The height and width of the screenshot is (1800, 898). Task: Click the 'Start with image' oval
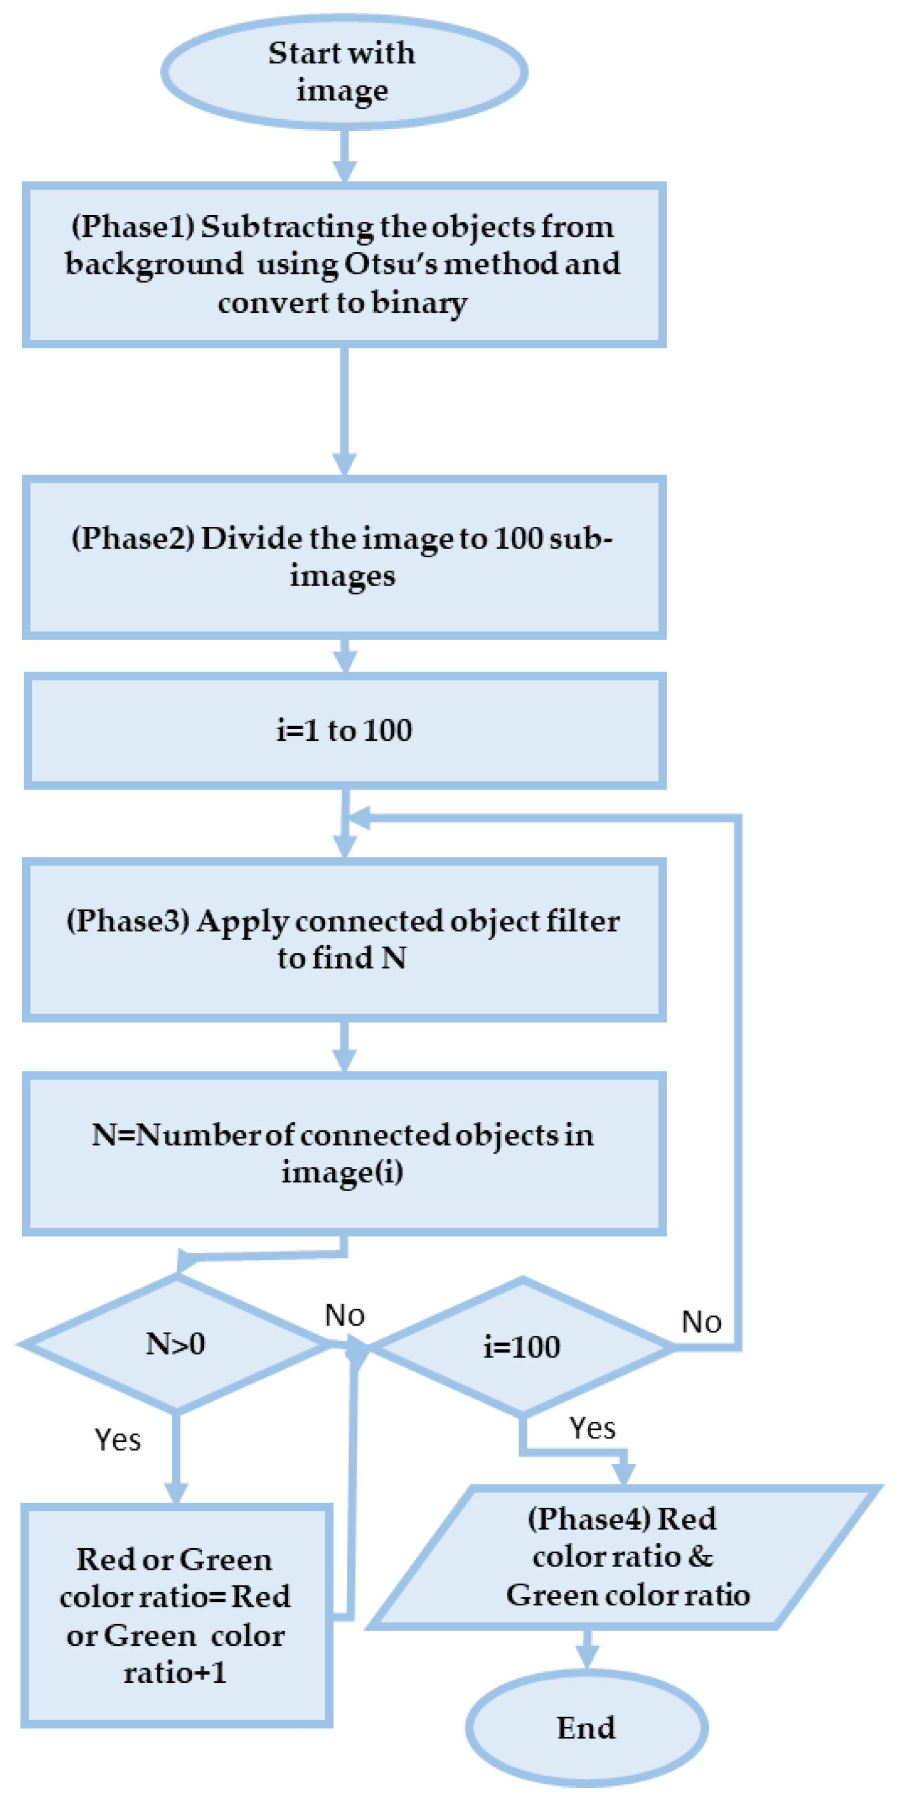(x=343, y=72)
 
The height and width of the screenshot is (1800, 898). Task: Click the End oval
(x=587, y=1727)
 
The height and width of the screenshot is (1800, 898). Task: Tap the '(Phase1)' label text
(x=132, y=226)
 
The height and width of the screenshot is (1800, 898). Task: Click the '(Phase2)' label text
(x=132, y=538)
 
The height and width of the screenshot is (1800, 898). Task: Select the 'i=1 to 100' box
(x=344, y=730)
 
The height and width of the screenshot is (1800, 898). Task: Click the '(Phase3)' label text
(x=128, y=921)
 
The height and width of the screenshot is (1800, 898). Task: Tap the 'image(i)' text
(x=342, y=1172)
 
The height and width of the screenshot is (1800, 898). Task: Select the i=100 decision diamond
(x=522, y=1346)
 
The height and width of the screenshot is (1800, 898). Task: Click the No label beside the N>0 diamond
(x=344, y=1315)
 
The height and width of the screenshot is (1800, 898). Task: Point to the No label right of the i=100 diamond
(x=701, y=1322)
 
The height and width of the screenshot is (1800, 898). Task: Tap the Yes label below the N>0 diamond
(x=117, y=1440)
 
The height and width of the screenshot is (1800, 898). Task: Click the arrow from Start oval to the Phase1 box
(x=344, y=155)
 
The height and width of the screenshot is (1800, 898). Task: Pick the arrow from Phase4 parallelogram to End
(x=587, y=1649)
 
